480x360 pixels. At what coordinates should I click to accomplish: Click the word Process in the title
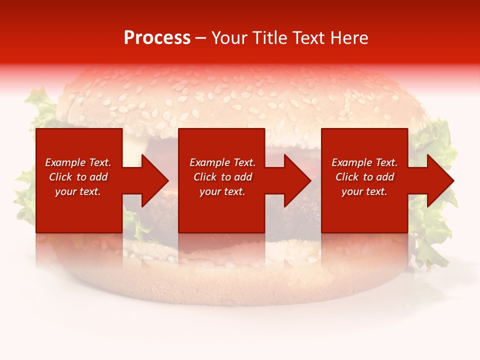tap(157, 38)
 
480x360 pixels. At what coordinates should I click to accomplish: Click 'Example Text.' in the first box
tap(78, 162)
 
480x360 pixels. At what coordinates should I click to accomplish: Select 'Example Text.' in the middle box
tap(222, 162)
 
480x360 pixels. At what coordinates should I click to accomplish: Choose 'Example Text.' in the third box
tap(364, 162)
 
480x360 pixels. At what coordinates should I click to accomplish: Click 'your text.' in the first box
tap(78, 191)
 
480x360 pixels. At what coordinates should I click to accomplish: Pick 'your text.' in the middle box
tap(222, 191)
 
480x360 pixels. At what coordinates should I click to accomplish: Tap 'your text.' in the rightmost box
tap(364, 191)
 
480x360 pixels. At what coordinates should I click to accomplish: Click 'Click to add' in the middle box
tap(222, 177)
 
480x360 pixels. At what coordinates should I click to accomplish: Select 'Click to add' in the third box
tap(364, 177)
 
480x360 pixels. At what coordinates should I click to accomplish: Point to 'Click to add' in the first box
tap(78, 177)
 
